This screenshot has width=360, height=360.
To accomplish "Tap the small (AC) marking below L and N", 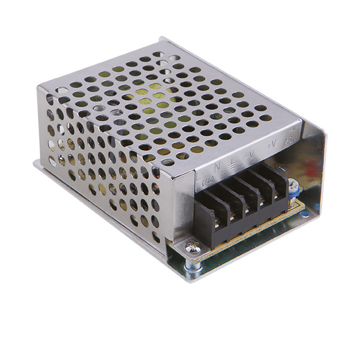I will [x=208, y=178].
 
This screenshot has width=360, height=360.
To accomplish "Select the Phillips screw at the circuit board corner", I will [x=191, y=245].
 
